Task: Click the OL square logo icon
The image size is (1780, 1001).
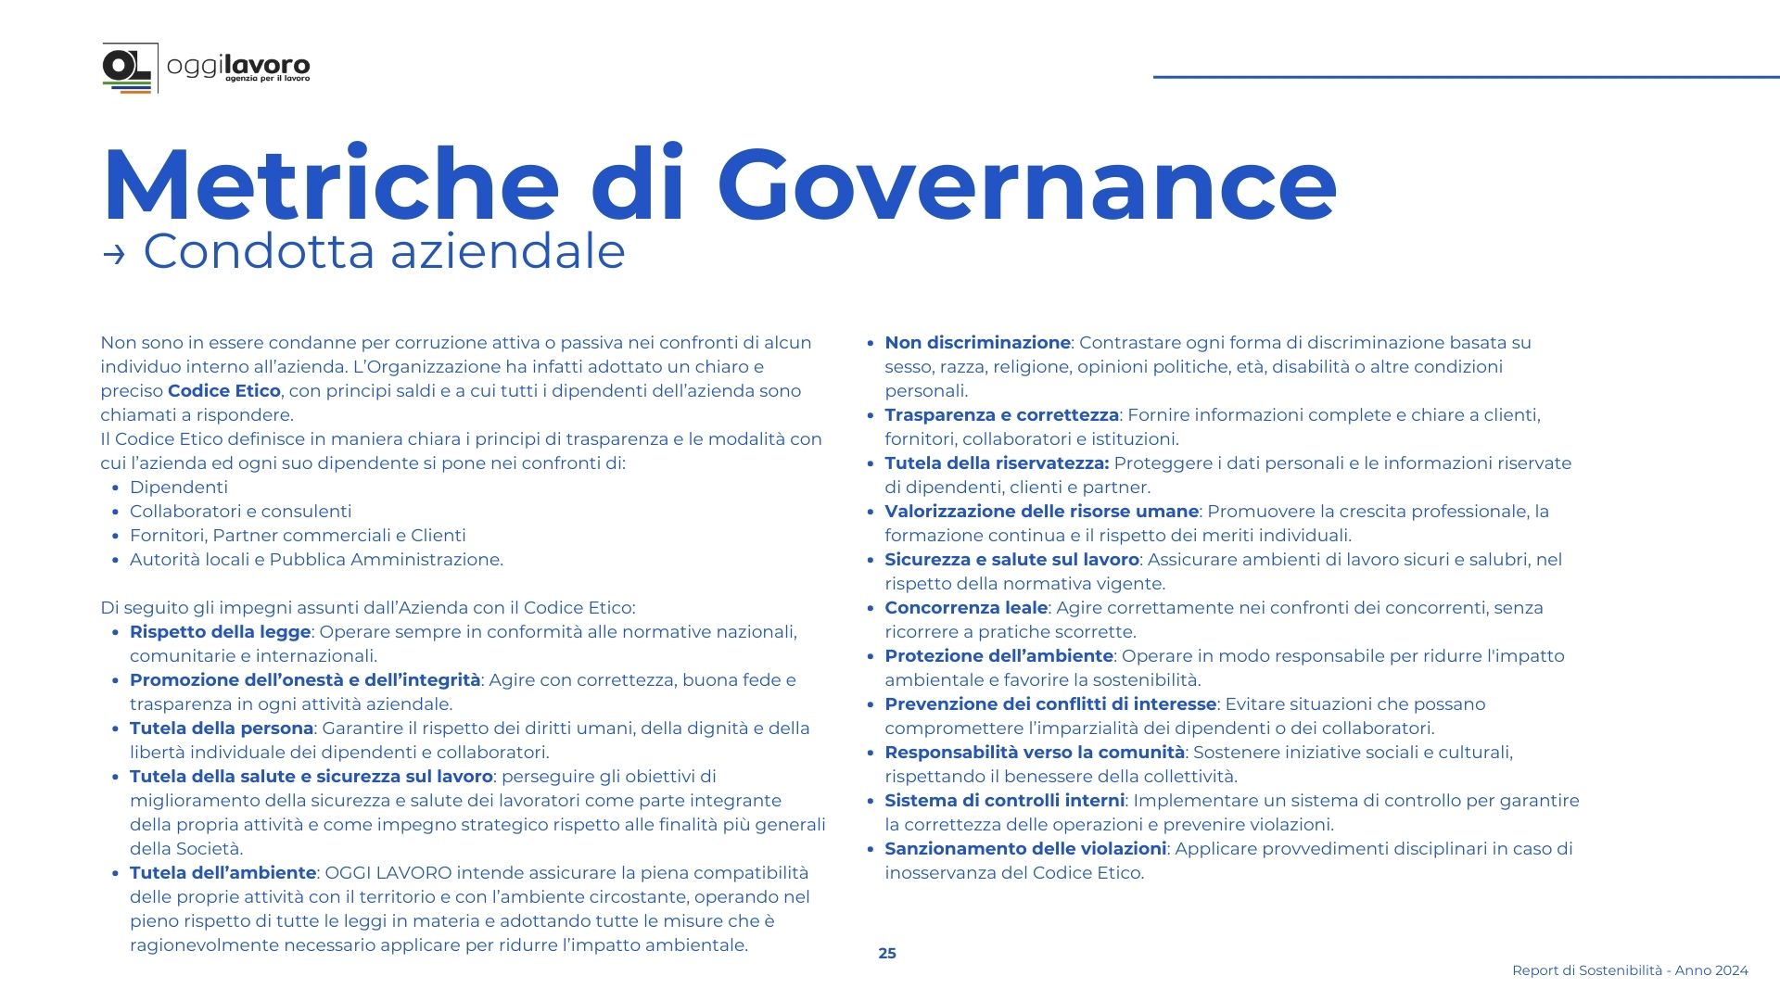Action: tap(128, 67)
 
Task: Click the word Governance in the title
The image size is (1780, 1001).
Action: tap(1026, 185)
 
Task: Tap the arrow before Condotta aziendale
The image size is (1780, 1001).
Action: tap(114, 254)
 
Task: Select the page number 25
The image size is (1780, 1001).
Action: tap(887, 953)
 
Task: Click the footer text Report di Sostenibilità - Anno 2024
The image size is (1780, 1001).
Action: tap(1630, 970)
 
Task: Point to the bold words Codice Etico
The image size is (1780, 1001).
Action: tap(223, 391)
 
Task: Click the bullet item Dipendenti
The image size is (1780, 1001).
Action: tap(179, 488)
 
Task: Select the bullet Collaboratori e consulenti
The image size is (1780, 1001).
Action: tap(240, 512)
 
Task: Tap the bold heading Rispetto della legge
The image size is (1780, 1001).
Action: tap(220, 632)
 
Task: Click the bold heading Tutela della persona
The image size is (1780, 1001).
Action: tap(222, 729)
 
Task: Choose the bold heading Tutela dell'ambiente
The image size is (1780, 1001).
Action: tap(222, 873)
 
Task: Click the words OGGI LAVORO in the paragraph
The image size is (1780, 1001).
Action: tap(388, 873)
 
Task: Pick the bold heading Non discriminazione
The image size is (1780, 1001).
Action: tap(977, 343)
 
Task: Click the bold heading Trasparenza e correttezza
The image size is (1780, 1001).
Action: tap(1001, 415)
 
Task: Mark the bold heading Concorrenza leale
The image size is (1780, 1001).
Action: tap(966, 608)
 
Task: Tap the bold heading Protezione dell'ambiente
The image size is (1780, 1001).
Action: tap(998, 656)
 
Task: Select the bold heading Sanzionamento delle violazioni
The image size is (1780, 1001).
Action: tap(1024, 849)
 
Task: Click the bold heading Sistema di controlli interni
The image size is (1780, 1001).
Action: tap(1004, 801)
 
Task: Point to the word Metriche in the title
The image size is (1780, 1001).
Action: tap(331, 185)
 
